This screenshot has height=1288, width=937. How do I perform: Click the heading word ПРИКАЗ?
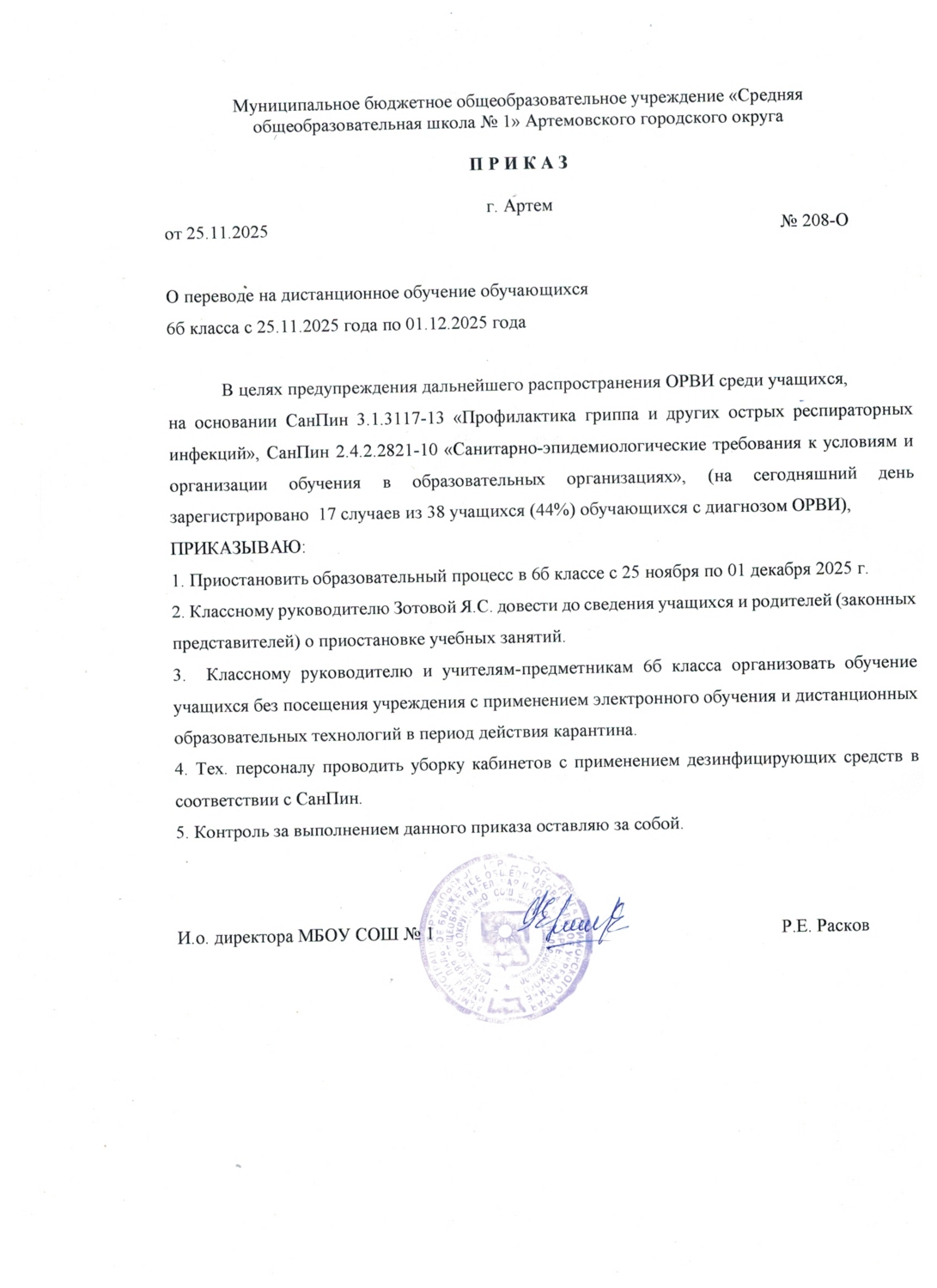(x=519, y=163)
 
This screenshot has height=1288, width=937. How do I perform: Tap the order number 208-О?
(x=824, y=220)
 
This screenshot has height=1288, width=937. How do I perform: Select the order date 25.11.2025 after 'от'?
(x=228, y=233)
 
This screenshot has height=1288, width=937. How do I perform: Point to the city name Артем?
(x=527, y=206)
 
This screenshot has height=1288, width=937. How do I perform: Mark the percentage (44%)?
(x=554, y=510)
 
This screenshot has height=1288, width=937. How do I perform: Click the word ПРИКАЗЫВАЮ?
(x=238, y=547)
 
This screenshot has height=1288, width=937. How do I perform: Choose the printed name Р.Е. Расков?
(x=825, y=925)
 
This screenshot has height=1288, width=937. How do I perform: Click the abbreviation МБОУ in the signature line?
(x=322, y=936)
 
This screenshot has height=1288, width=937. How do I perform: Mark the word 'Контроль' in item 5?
(x=227, y=831)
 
